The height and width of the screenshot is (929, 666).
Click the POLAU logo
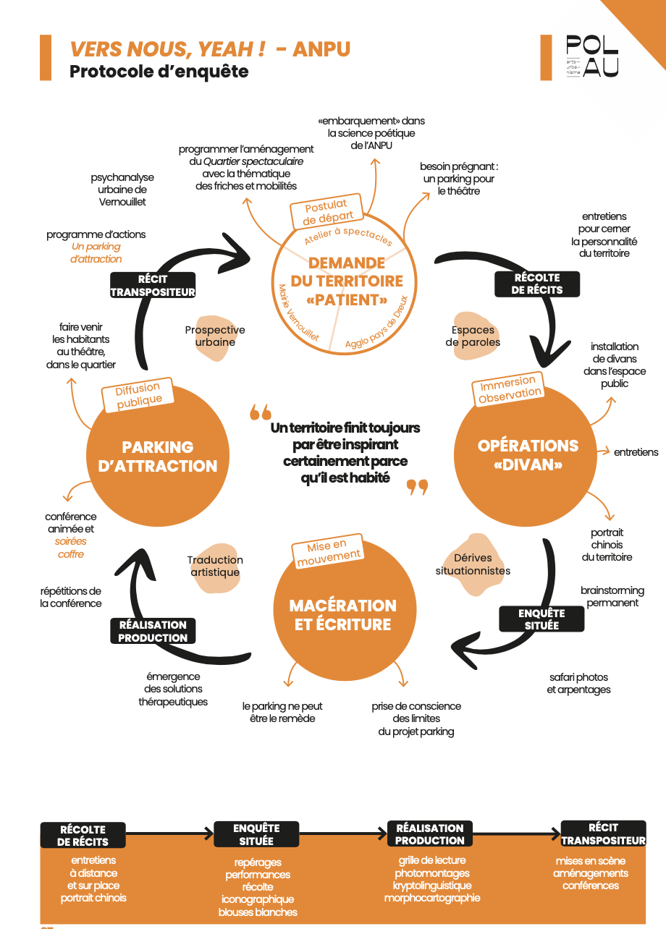pos(592,56)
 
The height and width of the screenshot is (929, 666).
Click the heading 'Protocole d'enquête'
pos(159,72)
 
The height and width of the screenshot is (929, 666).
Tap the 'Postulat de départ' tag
pos(326,211)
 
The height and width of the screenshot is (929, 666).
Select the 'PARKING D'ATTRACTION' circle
pos(158,456)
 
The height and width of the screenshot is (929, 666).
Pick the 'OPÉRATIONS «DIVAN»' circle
pos(526,455)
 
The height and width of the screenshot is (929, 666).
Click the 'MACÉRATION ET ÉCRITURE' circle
pos(345,609)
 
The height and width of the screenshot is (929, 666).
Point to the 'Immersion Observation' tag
pos(508,389)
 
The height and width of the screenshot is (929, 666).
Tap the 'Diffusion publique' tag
pos(138,395)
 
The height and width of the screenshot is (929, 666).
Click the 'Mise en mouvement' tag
pos(328,551)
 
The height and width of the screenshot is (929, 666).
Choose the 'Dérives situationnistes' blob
pos(473,564)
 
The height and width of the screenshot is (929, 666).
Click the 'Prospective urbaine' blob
pos(216,337)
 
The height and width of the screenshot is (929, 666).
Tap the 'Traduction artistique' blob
pos(216,567)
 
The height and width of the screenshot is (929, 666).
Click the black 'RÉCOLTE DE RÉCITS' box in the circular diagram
pos(537,284)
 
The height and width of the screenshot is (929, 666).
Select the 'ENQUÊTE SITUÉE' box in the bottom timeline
pos(256,834)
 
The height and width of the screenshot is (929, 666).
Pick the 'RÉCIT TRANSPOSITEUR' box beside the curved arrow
pos(153,285)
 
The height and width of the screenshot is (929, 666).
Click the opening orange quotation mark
pos(260,412)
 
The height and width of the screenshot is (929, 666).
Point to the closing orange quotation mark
pos(417,488)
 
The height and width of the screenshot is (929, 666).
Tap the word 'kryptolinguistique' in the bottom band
pos(432,886)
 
